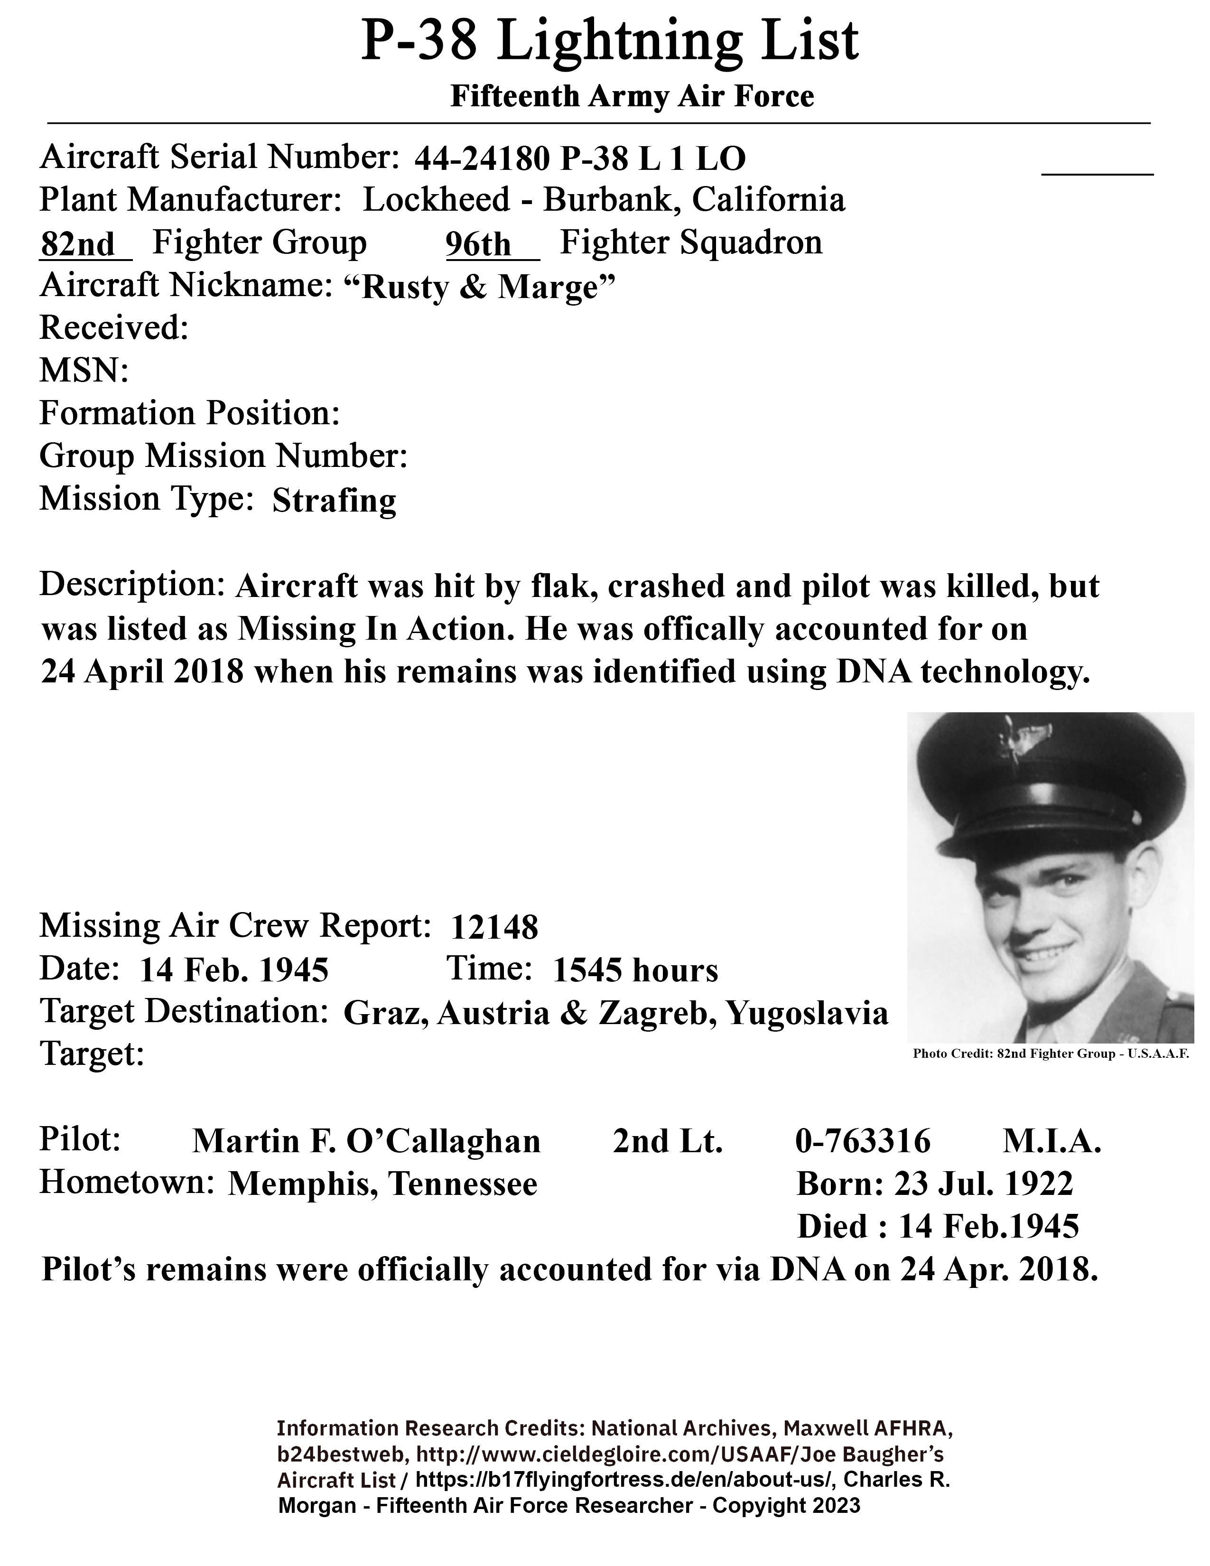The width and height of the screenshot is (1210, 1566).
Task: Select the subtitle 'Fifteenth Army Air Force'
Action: click(x=632, y=97)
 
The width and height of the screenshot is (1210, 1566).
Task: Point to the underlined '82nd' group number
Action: click(x=77, y=244)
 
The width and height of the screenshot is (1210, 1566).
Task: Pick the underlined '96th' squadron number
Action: click(x=478, y=244)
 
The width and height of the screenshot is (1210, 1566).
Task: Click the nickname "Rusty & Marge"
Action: click(x=480, y=288)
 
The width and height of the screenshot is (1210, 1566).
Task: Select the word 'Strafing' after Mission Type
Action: click(x=334, y=501)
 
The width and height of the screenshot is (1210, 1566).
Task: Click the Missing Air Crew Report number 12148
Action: click(x=494, y=928)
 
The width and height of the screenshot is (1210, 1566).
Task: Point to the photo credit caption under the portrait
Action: click(x=1051, y=1054)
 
